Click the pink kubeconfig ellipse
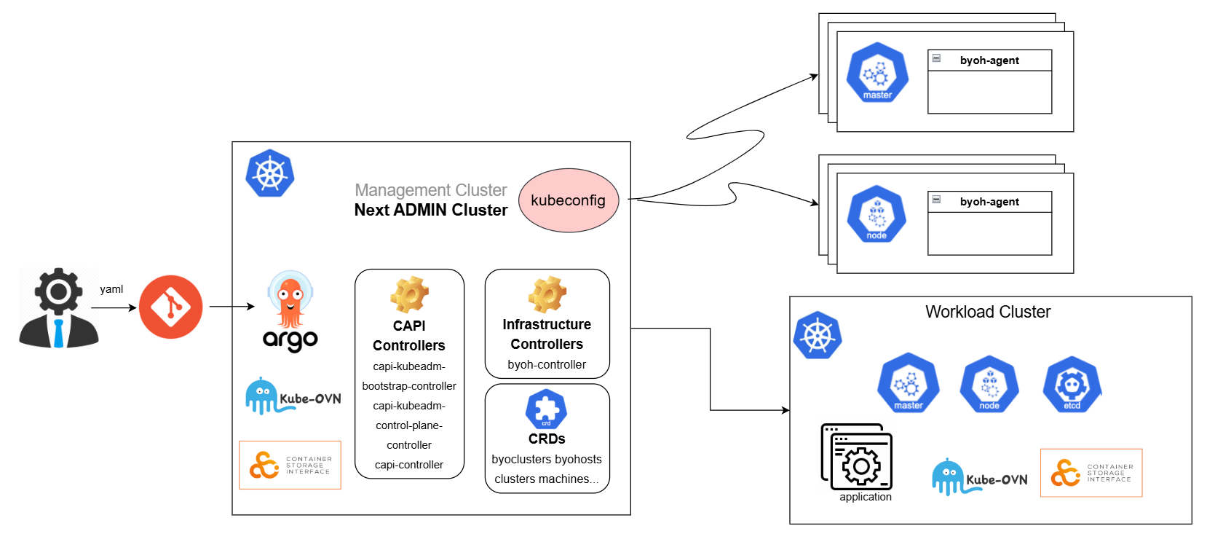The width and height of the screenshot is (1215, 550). coord(568,200)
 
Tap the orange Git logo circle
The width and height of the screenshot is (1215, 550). coord(170,307)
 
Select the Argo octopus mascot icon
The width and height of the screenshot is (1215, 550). coord(290,300)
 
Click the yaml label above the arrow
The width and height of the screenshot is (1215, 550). coord(111,289)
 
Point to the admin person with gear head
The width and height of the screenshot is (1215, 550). coord(58,308)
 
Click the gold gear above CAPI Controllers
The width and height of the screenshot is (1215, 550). coord(409,294)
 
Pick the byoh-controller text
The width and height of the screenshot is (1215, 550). coord(547,364)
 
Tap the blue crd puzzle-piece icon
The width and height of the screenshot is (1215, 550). coord(546,409)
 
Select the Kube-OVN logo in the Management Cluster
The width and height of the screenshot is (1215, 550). coord(293,397)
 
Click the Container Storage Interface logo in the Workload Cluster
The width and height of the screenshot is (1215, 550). coord(1091,473)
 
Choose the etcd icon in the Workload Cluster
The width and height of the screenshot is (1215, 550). coord(1072,384)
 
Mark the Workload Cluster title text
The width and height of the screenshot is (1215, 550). coord(988,312)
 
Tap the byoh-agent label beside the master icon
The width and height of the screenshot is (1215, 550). coord(989,60)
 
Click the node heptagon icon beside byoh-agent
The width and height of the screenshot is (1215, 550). coord(876,214)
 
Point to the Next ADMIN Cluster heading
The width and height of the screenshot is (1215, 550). coord(430,210)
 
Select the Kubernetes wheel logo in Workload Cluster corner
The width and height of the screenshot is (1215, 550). coord(818,335)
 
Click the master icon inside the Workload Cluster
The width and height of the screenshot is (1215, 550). coord(908,383)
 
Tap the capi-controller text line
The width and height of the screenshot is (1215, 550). coord(409,465)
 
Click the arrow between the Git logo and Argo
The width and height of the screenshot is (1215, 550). coord(231,307)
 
